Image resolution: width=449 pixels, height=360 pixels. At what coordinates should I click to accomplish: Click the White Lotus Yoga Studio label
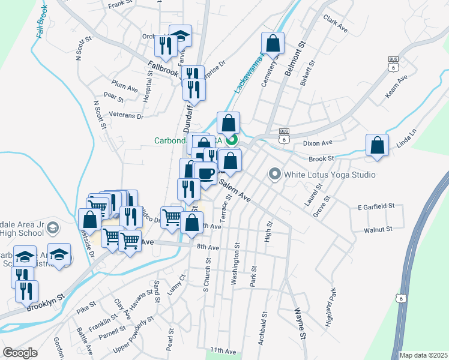pos(330,175)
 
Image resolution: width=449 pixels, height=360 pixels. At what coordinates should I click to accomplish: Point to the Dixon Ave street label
pos(318,143)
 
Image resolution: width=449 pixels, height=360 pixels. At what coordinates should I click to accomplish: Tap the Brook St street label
pos(321,158)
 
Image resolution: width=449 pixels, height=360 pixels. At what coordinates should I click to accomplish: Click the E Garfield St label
pos(375,206)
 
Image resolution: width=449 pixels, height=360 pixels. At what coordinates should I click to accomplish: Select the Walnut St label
pos(378,229)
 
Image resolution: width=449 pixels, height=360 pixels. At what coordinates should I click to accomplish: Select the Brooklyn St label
pos(45,302)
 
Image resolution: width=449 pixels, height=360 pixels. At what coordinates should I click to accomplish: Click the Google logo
pos(20,353)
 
